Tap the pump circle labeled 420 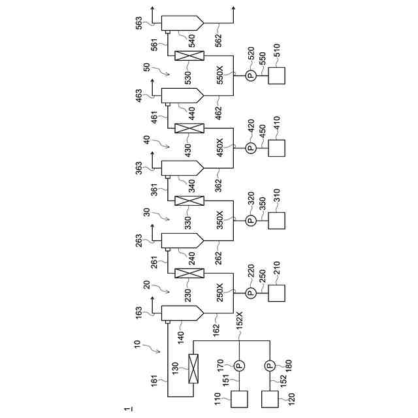click(x=251, y=149)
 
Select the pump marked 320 click(x=251, y=221)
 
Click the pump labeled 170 click(x=238, y=364)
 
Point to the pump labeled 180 click(x=270, y=364)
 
